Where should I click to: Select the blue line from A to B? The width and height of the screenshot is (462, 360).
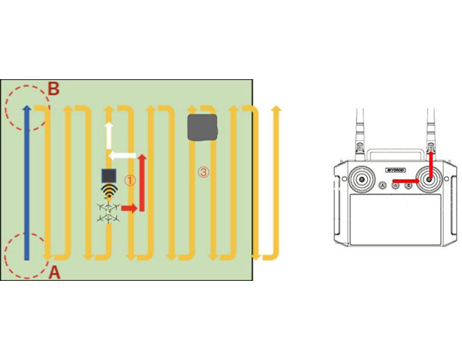point(27,181)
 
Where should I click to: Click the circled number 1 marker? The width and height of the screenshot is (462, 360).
point(130,179)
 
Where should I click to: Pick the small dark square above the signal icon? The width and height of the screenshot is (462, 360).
point(109,176)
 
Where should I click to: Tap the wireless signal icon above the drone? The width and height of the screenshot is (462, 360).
point(109,192)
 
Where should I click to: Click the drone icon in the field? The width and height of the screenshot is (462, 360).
point(109,210)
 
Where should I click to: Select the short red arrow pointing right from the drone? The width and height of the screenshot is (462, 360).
point(129,209)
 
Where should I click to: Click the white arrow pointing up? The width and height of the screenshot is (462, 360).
point(109,135)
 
